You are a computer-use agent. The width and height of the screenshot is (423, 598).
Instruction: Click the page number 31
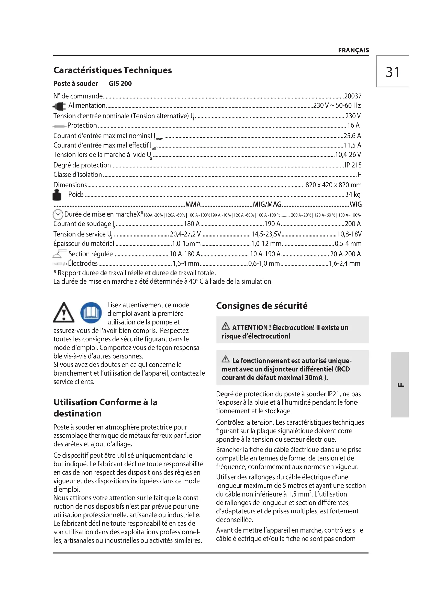[393, 72]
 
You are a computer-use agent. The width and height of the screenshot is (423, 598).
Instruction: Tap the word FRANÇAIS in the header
[353, 50]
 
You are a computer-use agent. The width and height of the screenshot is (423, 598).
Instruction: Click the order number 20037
[353, 96]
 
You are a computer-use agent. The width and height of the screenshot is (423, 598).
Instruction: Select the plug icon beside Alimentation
[59, 106]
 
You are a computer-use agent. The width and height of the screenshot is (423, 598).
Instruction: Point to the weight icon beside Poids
[57, 195]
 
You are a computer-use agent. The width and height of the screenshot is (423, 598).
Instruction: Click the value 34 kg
[353, 194]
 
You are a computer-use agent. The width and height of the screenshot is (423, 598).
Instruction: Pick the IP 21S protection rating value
[353, 165]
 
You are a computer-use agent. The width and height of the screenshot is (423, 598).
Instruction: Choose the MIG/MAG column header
[267, 204]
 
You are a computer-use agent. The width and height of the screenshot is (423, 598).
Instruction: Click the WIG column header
[355, 204]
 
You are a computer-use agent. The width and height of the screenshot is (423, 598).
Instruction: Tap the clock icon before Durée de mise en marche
[58, 215]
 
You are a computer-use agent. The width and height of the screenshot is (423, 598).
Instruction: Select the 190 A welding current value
[272, 224]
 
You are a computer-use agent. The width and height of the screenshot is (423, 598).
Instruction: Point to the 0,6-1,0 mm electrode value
[264, 263]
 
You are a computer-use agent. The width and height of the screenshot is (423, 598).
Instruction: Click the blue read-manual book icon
[91, 312]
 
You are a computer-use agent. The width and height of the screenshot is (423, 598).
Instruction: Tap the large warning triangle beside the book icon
[64, 312]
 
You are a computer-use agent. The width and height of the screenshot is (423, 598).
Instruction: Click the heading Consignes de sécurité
[262, 306]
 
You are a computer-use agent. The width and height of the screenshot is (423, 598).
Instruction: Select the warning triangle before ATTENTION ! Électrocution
[226, 326]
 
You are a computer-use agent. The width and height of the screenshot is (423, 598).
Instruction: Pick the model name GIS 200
[120, 84]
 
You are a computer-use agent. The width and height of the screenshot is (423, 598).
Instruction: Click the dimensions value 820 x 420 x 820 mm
[333, 185]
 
